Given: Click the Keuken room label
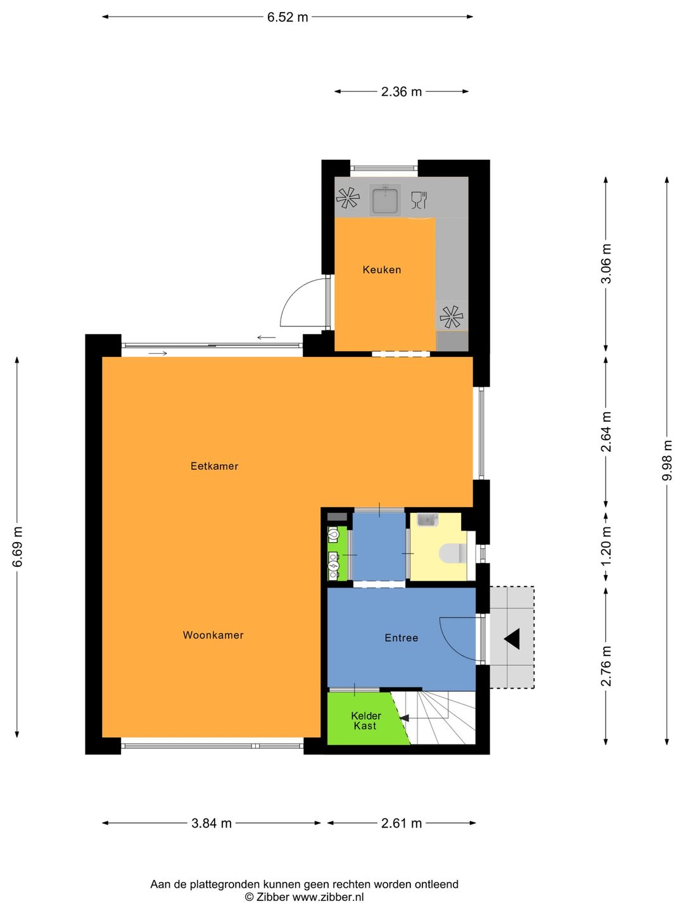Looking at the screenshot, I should click(x=381, y=269).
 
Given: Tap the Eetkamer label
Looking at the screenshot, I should click(x=214, y=466).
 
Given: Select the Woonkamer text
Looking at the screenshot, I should click(x=213, y=635).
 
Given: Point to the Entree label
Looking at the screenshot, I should click(x=401, y=638).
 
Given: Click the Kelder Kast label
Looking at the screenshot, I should click(x=365, y=721).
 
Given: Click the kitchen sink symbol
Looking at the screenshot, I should click(x=385, y=200).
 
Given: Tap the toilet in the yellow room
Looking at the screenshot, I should click(x=452, y=553).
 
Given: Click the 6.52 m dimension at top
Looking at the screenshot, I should click(x=288, y=17).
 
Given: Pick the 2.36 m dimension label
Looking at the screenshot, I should click(x=401, y=92).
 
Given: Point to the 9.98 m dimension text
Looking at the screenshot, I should click(x=667, y=460).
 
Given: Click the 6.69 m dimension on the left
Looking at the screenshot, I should click(x=17, y=547).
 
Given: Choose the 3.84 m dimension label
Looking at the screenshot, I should click(x=212, y=823).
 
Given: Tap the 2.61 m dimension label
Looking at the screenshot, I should click(x=401, y=823).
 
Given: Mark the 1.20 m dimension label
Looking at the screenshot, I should click(x=606, y=547).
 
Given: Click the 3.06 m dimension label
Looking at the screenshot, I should click(x=606, y=264).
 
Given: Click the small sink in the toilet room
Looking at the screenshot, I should click(x=427, y=520).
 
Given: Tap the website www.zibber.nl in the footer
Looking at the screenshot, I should click(x=327, y=897).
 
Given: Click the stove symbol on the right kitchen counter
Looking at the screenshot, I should click(x=451, y=317).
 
